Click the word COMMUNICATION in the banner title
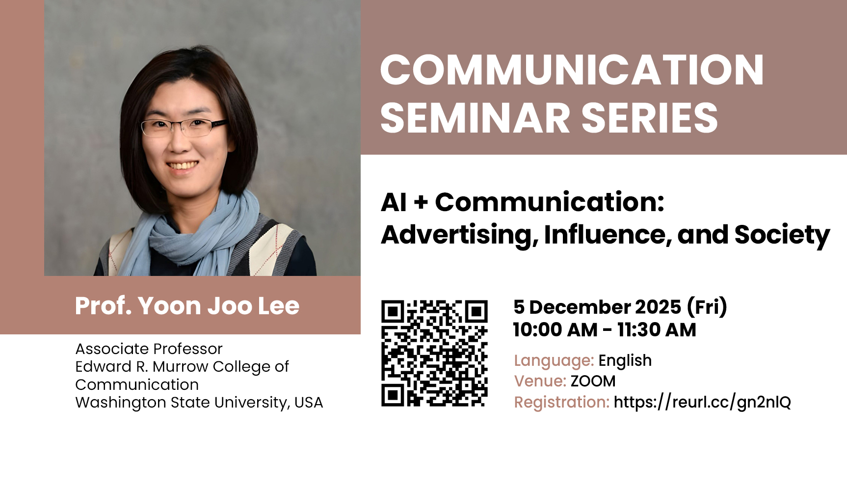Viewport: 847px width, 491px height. (x=572, y=70)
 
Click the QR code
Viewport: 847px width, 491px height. (x=435, y=354)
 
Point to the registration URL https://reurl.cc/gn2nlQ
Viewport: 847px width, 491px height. (x=702, y=402)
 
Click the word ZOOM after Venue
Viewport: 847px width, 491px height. (x=593, y=381)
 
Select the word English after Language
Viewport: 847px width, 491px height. (x=625, y=361)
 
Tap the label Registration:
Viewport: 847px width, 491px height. (x=562, y=403)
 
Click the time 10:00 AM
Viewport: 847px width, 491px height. (x=556, y=330)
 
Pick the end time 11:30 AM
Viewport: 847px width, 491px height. (x=657, y=330)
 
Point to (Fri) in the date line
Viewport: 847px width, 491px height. (x=707, y=307)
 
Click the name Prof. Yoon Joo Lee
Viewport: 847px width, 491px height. (x=187, y=306)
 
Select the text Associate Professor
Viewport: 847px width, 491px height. (x=149, y=349)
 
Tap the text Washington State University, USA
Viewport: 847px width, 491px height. (x=199, y=403)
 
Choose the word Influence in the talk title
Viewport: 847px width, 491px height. (x=608, y=234)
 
